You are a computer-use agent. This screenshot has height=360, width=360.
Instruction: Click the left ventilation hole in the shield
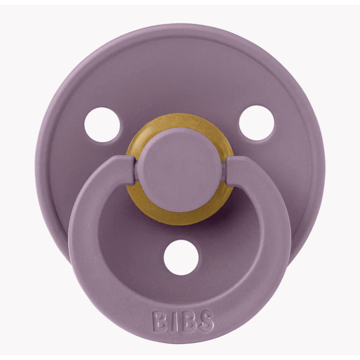tap(102, 125)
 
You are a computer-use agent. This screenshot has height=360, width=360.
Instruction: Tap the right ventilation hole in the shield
tap(257, 123)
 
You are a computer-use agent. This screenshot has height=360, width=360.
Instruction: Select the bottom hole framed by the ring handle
tap(181, 257)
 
